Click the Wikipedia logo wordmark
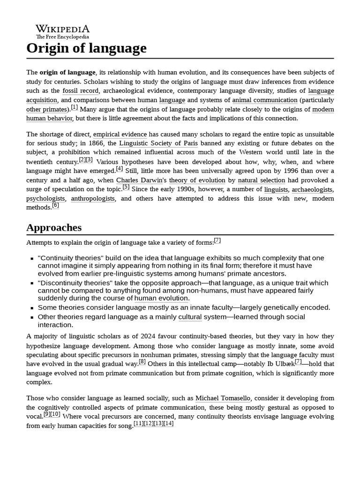[62, 29]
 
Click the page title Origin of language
[86, 48]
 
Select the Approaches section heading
[54, 227]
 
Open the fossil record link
[80, 90]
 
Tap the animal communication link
[264, 100]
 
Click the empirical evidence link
[120, 134]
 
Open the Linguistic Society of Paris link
[158, 143]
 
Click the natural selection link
[261, 180]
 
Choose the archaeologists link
[312, 189]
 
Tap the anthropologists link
[93, 198]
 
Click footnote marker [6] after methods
[55, 205]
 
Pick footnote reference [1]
[74, 107]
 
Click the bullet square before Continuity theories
[31, 258]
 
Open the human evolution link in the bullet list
[161, 298]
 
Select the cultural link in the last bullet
[190, 317]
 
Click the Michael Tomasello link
[223, 398]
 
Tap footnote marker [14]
[169, 423]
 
